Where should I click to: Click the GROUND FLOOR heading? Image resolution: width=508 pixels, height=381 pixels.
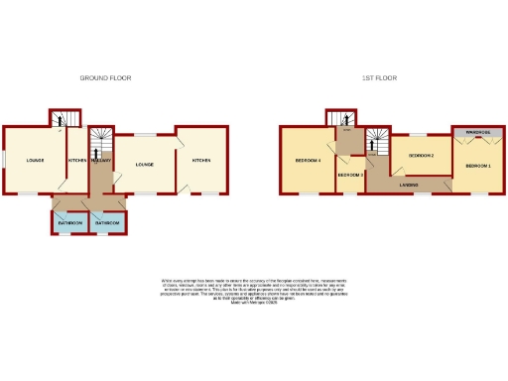point(105,77)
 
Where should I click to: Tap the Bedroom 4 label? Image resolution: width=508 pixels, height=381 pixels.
point(308,160)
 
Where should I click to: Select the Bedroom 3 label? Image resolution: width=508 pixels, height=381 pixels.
point(350,176)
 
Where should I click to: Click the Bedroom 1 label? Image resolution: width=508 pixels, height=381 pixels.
point(478,165)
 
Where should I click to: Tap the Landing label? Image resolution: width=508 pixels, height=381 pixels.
point(409,185)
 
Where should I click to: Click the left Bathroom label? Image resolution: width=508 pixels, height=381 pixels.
point(69,223)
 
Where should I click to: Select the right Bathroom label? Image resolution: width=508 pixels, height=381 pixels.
point(108,223)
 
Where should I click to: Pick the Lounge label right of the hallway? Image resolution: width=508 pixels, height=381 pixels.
point(144,164)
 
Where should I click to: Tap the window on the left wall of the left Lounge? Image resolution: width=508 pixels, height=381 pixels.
point(2,159)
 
